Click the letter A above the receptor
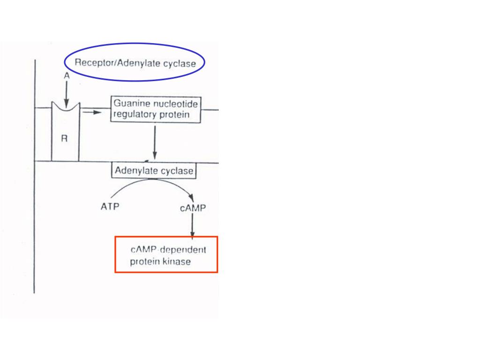tap(67, 75)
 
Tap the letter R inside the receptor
tap(64, 139)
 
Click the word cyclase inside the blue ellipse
tap(180, 64)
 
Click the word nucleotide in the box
tap(177, 104)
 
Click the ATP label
tap(110, 207)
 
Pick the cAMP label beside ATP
tap(193, 208)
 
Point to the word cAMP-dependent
tap(168, 250)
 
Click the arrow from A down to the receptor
tap(67, 94)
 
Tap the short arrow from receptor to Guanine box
tap(92, 112)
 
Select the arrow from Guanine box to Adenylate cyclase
tap(155, 142)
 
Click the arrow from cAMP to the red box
tap(192, 225)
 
